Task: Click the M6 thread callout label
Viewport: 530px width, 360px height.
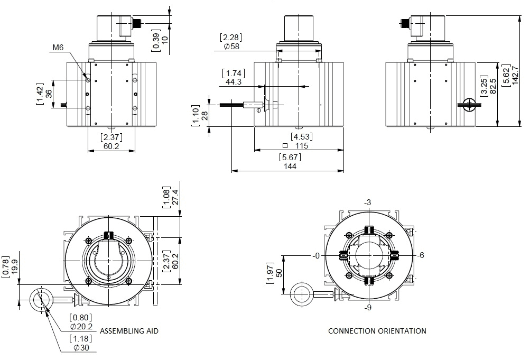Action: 58,48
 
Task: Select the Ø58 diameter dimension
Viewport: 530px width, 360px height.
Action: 231,47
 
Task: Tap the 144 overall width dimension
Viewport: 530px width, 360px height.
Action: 290,167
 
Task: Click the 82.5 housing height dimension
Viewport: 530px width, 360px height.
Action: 493,86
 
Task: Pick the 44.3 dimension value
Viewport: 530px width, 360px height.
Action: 234,82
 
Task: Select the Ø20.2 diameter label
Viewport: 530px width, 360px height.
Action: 81,327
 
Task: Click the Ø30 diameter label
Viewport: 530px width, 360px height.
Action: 81,347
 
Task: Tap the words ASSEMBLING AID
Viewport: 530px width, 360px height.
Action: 129,331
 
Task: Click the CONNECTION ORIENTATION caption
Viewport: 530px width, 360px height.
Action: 377,331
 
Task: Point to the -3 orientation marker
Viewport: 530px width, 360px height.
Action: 367,202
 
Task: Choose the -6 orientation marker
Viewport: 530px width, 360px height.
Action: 420,255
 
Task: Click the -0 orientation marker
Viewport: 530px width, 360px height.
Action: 315,256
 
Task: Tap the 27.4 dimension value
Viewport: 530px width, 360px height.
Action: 175,197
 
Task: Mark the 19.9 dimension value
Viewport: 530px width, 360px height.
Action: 15,267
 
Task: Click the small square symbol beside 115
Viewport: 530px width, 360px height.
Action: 285,146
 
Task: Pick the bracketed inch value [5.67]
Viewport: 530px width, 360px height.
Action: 290,157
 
